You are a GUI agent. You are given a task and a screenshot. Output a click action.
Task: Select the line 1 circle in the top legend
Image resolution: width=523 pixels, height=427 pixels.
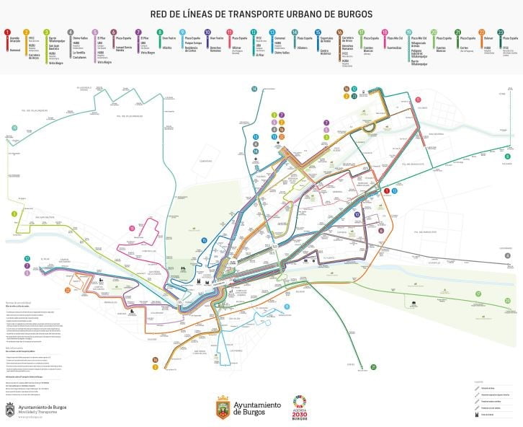pyautogui.click(x=7, y=32)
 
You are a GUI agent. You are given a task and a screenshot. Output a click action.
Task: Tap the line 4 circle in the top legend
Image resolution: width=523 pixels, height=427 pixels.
pyautogui.click(x=70, y=32)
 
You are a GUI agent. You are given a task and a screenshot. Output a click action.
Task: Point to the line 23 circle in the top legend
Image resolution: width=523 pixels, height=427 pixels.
pyautogui.click(x=501, y=32)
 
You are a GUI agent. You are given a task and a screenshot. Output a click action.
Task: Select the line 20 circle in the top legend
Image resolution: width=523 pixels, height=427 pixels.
pyautogui.click(x=434, y=32)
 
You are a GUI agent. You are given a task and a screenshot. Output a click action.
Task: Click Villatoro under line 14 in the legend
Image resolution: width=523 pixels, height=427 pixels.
pyautogui.click(x=303, y=48)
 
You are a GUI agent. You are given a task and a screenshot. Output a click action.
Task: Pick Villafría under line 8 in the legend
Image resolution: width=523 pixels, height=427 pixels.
pyautogui.click(x=169, y=48)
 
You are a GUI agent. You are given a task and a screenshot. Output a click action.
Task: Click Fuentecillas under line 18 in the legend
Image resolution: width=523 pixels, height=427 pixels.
pyautogui.click(x=393, y=48)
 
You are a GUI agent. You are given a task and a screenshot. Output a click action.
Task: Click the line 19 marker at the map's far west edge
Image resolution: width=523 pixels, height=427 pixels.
pyautogui.click(x=14, y=128)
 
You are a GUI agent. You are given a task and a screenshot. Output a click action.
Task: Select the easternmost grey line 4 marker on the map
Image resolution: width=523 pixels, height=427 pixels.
pyautogui.click(x=509, y=255)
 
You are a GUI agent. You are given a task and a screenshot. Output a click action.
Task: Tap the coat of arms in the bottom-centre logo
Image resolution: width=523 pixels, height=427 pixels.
pyautogui.click(x=223, y=408)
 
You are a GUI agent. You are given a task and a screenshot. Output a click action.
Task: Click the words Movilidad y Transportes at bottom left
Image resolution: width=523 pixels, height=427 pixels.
pyautogui.click(x=41, y=413)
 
